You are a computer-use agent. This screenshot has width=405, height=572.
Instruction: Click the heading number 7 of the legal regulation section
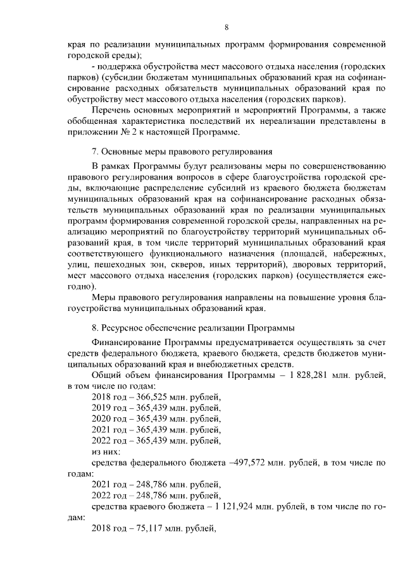click(95, 151)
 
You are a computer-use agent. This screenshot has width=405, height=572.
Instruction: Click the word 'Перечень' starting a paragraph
click(111, 110)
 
